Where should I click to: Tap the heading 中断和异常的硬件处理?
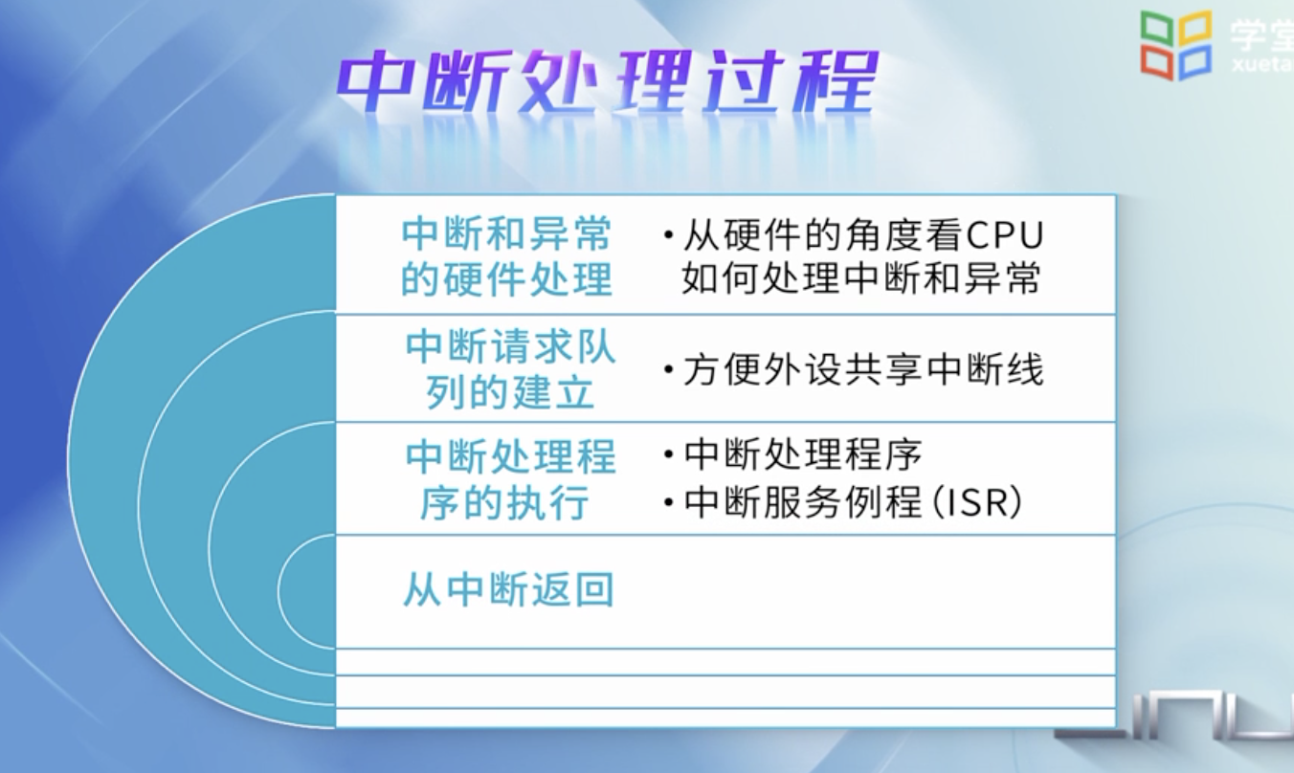506,257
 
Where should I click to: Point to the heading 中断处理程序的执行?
511,480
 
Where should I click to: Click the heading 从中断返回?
508,589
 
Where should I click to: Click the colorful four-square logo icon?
1175,45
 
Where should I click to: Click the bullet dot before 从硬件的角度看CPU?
669,235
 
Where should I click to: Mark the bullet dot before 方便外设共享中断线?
669,369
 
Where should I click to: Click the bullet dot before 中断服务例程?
669,503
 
